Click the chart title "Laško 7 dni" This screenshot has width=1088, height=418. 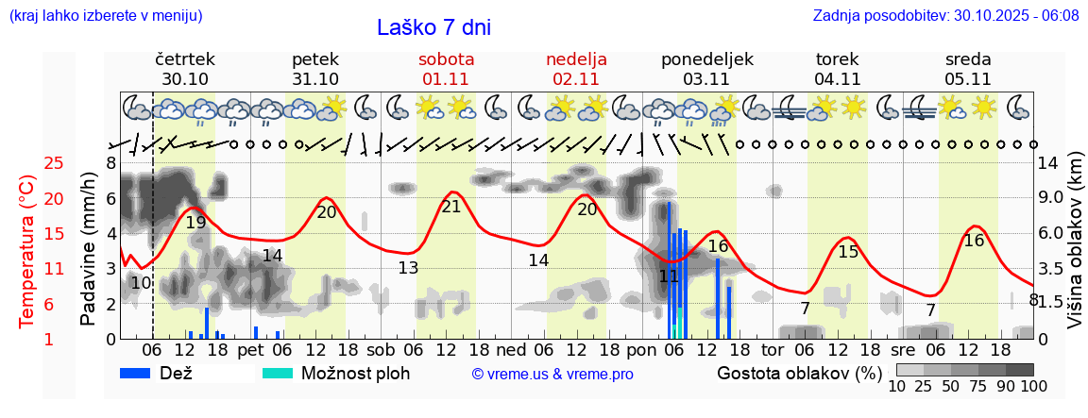click(x=433, y=27)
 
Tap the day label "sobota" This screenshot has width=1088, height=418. click(x=446, y=59)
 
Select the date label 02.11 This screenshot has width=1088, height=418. click(x=576, y=79)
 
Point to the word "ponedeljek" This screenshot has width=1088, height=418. click(x=706, y=59)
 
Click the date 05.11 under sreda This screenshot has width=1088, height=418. click(x=968, y=79)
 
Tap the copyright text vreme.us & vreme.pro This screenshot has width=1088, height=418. click(x=552, y=374)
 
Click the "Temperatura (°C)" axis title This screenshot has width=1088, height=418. click(x=28, y=251)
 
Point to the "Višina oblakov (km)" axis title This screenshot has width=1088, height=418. click(x=1075, y=251)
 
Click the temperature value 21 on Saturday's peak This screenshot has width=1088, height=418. click(x=451, y=207)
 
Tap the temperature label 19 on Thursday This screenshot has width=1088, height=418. click(x=195, y=223)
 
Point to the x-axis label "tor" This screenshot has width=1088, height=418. click(x=773, y=349)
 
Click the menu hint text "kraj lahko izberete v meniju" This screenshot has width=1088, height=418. click(x=106, y=15)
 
